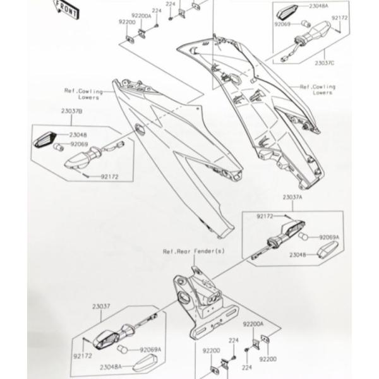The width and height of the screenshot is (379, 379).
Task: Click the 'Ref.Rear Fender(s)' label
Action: tap(185, 251)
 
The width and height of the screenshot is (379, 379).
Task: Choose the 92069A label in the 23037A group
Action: tap(328, 237)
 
